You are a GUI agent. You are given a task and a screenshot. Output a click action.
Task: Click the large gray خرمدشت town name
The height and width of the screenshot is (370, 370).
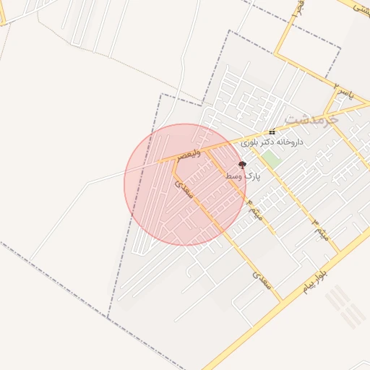tap(311, 117)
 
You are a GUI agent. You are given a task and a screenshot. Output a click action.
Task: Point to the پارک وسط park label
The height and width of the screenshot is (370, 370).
tap(241, 176)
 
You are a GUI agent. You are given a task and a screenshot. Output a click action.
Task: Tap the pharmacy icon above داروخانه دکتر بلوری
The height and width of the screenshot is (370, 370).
tap(272, 132)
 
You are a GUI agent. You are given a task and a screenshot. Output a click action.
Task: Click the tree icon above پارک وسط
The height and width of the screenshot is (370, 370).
tap(241, 165)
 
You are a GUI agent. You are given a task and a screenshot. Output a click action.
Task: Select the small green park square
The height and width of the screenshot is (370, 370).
tap(270, 159)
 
